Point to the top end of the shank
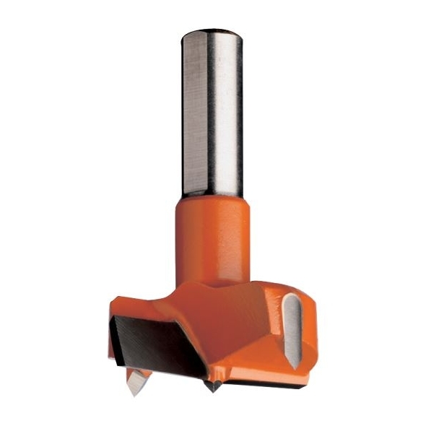tap(212, 32)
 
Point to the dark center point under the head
tap(214, 386)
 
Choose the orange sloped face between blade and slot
tap(238, 339)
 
